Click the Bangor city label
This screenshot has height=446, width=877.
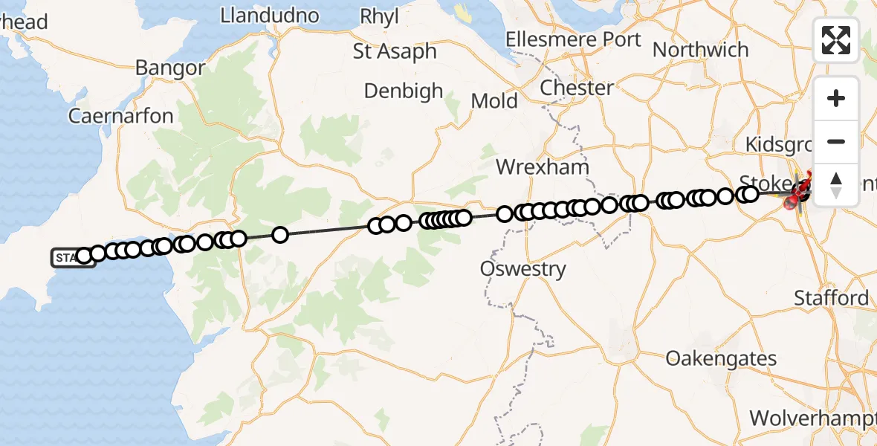pyautogui.click(x=170, y=68)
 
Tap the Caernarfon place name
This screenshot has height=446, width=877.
pyautogui.click(x=120, y=116)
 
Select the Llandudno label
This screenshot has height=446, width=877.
pyautogui.click(x=270, y=16)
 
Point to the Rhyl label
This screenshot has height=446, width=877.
pyautogui.click(x=379, y=16)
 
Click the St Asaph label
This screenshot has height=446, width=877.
pyautogui.click(x=395, y=51)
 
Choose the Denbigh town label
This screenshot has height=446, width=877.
pyautogui.click(x=404, y=91)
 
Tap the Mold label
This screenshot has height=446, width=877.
pyautogui.click(x=494, y=100)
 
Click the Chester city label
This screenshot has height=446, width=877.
pyautogui.click(x=577, y=88)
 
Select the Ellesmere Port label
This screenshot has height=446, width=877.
pyautogui.click(x=572, y=39)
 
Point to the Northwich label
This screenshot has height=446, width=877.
pyautogui.click(x=700, y=50)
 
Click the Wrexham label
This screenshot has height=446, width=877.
pyautogui.click(x=543, y=167)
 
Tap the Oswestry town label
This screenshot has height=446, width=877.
pyautogui.click(x=523, y=268)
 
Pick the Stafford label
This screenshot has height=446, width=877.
pyautogui.click(x=831, y=298)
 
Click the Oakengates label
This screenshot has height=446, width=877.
pyautogui.click(x=722, y=358)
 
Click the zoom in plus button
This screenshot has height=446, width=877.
pyautogui.click(x=836, y=98)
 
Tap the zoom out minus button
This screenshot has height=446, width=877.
pyautogui.click(x=836, y=141)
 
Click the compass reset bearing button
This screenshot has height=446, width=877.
pyautogui.click(x=836, y=184)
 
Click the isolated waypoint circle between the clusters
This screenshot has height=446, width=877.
pyautogui.click(x=280, y=235)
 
